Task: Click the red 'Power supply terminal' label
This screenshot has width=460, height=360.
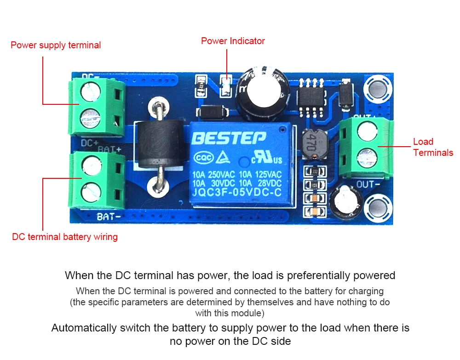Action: click(56, 45)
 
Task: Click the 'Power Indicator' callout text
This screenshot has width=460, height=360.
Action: click(233, 41)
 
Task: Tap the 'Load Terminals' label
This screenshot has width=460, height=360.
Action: click(432, 147)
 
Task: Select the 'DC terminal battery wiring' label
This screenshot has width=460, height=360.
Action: click(65, 237)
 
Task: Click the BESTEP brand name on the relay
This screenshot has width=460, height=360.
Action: click(229, 137)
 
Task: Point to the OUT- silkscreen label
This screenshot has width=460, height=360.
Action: click(368, 184)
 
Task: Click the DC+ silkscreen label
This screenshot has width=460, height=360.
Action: click(90, 143)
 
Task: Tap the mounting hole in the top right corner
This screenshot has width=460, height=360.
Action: click(378, 88)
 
